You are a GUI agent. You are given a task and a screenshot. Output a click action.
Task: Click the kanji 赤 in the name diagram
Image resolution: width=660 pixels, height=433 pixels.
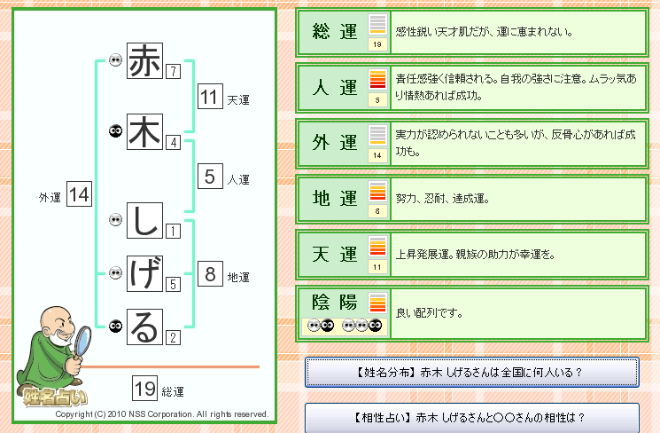point(144,60)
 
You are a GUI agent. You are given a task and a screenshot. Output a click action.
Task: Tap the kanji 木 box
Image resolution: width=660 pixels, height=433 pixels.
point(144,131)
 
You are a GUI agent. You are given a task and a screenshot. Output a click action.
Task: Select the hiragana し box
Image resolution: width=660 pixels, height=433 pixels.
point(144,220)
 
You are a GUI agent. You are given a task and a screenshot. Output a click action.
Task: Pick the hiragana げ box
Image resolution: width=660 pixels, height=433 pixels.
point(144,273)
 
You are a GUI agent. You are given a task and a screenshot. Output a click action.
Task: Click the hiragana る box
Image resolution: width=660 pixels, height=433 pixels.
point(144,327)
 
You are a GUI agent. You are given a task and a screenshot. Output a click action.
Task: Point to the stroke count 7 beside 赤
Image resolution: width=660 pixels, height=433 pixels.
point(173,71)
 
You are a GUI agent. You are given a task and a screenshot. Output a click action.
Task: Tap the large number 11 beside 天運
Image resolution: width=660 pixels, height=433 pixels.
point(210,97)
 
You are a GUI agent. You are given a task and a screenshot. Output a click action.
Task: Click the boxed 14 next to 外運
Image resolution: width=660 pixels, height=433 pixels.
point(79,194)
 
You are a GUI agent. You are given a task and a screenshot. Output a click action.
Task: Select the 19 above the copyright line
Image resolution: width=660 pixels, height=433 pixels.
point(144,389)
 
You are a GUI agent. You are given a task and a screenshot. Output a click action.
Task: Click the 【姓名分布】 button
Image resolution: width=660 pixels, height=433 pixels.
point(472,373)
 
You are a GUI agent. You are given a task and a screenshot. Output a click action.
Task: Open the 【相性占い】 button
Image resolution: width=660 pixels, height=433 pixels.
point(472,418)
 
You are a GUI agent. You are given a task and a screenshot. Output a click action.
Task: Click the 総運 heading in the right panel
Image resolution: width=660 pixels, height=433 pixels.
point(335,32)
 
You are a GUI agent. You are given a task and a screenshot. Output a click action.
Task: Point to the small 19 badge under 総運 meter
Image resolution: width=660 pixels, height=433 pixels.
point(377,44)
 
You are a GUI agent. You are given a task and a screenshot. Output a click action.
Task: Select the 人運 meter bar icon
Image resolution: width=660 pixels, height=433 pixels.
point(377,79)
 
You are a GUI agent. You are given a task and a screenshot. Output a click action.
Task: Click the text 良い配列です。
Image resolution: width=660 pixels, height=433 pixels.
point(430,313)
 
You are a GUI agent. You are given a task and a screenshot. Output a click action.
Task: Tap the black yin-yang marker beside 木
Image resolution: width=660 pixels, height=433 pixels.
point(115,131)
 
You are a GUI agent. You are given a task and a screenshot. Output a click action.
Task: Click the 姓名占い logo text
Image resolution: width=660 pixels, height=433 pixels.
point(55,397)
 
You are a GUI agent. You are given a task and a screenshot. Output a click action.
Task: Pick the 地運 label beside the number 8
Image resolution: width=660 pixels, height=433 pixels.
point(238,278)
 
